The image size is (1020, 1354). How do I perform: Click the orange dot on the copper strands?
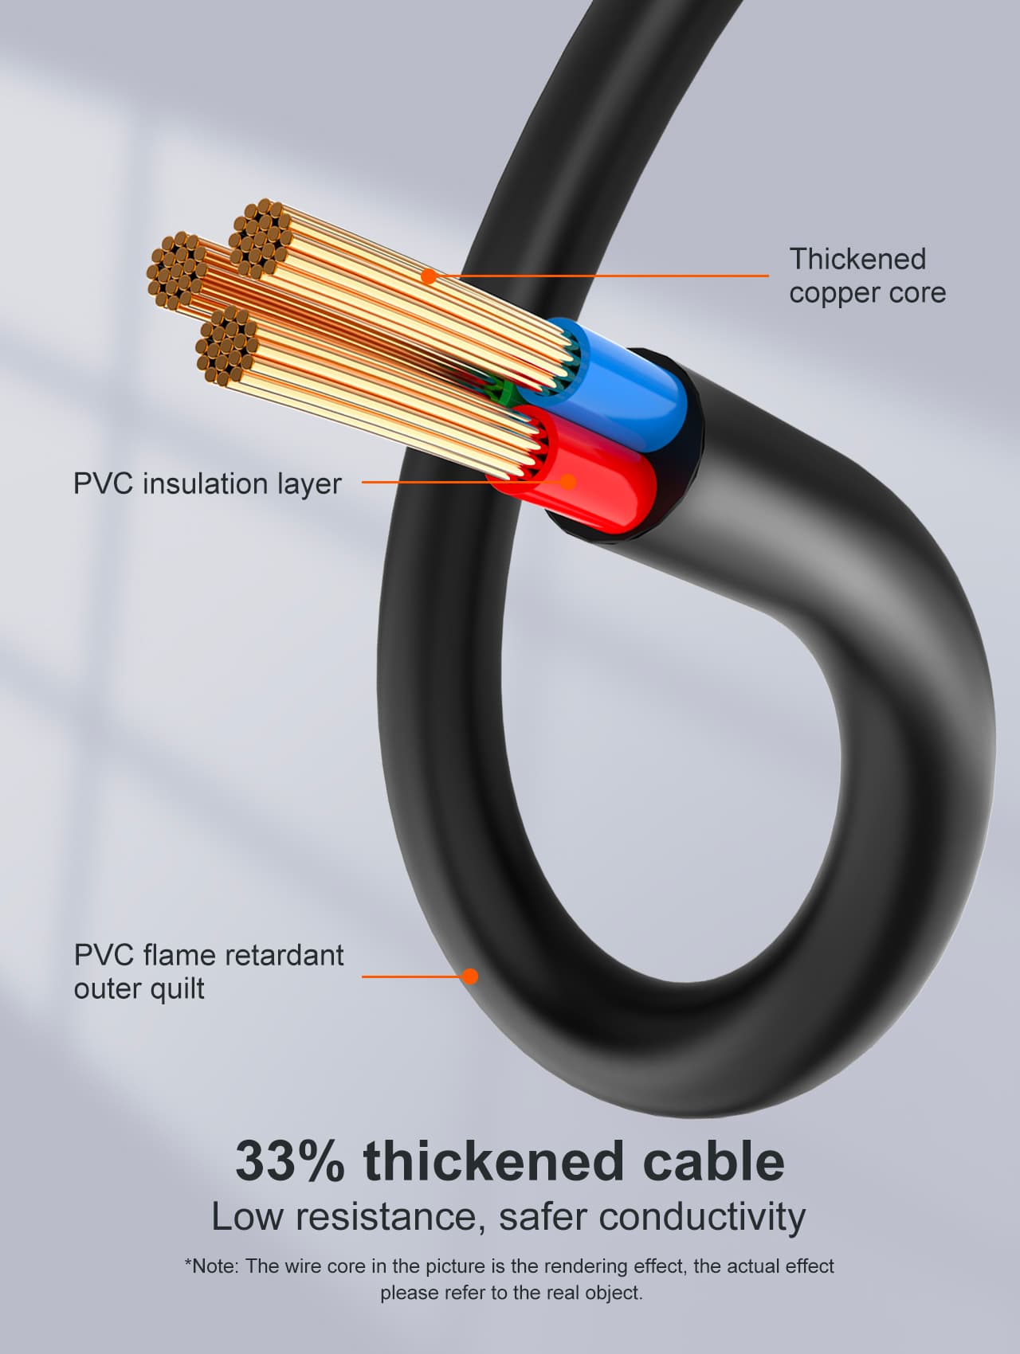429,276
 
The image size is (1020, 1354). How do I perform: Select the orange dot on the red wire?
568,481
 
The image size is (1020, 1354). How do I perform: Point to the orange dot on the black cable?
470,976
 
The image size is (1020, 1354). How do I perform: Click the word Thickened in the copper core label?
857,260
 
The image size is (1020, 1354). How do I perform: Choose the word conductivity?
701,1217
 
